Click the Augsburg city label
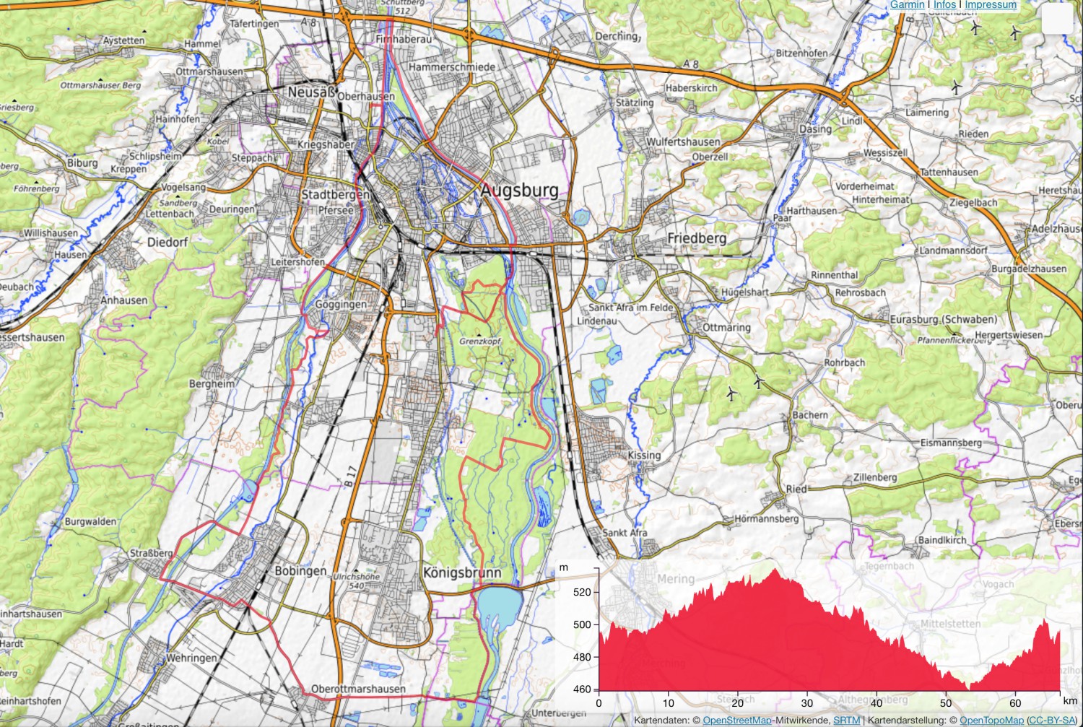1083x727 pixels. point(519,191)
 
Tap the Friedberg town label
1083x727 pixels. point(697,238)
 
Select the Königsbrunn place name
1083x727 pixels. point(461,573)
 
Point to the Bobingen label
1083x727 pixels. point(300,571)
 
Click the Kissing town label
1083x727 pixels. point(644,456)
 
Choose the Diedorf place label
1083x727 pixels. point(168,243)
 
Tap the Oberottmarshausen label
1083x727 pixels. point(358,689)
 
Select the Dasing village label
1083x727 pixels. point(815,129)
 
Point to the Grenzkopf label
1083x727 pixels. point(480,341)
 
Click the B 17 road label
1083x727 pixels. point(350,475)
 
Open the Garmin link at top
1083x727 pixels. point(907,5)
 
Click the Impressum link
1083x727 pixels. point(990,5)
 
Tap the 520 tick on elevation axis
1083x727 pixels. point(582,592)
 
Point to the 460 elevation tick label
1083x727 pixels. point(582,689)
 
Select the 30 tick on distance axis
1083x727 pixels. point(806,703)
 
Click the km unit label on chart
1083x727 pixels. point(1069,701)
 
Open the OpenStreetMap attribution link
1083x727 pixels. point(736,721)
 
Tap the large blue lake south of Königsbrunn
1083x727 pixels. point(499,604)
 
